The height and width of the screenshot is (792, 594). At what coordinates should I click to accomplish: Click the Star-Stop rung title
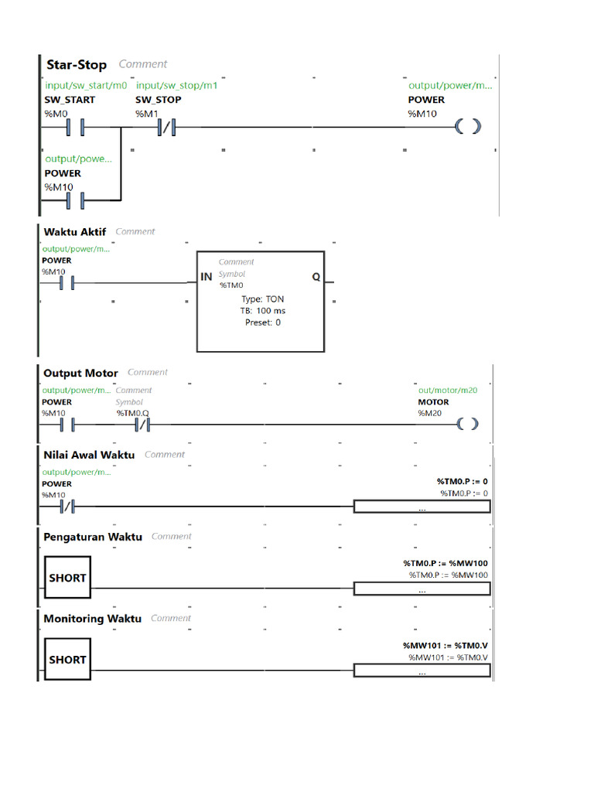click(77, 64)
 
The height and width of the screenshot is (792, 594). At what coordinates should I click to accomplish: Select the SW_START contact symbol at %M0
click(75, 127)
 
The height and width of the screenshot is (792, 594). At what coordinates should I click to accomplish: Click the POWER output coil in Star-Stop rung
click(468, 127)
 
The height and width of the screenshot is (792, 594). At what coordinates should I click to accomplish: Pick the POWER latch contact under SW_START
click(75, 200)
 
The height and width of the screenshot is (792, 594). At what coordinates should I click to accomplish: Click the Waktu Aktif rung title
click(75, 231)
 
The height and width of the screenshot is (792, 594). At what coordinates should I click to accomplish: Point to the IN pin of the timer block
click(207, 277)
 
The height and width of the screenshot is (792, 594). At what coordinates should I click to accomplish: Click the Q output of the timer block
click(316, 277)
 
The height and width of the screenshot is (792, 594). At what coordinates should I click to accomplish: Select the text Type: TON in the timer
click(262, 299)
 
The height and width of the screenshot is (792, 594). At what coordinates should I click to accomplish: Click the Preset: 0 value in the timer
click(262, 323)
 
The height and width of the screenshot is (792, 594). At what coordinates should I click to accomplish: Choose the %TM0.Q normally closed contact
click(142, 425)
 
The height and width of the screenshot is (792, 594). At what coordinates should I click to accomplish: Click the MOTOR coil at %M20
click(467, 424)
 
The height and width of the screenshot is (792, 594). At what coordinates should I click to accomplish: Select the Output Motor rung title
click(80, 373)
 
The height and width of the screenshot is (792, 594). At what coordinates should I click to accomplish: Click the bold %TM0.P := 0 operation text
click(463, 481)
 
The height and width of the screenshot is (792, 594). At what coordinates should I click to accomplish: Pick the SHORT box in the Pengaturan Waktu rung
click(67, 578)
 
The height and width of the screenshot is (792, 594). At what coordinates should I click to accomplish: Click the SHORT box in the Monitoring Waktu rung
click(67, 660)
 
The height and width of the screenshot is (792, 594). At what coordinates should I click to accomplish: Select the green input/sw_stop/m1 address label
click(176, 86)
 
